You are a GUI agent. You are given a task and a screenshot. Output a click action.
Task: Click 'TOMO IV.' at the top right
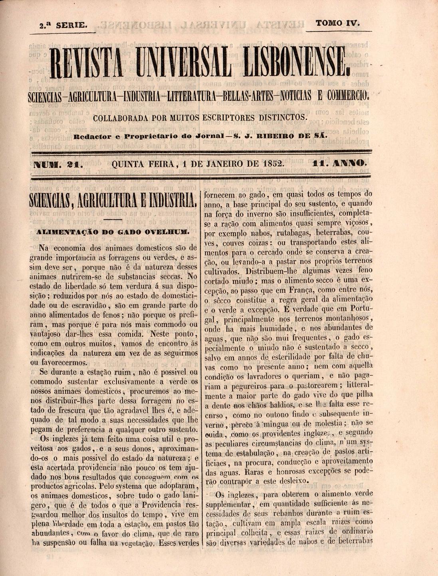338,23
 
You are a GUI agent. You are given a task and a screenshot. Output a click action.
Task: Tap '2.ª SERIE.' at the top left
63,25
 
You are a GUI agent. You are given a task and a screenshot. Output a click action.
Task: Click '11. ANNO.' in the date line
340,163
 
